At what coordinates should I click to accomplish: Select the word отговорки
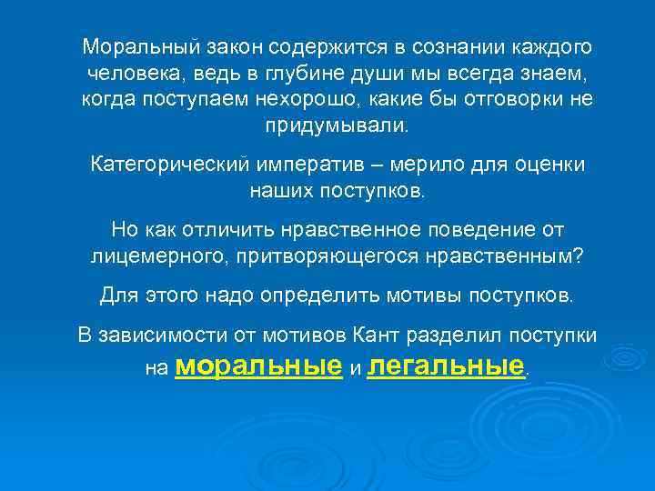[x=498, y=98]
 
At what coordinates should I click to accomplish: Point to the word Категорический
[x=170, y=165]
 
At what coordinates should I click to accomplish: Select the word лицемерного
[x=158, y=256]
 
